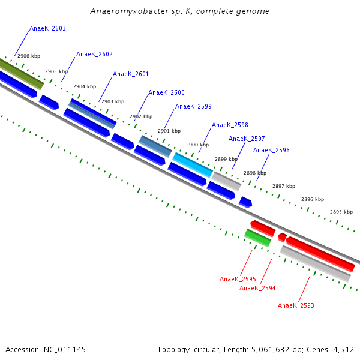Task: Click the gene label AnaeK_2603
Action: tap(47, 28)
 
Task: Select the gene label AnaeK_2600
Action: tap(166, 92)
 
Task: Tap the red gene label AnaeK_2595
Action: tap(238, 279)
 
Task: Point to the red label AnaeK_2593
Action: tap(296, 305)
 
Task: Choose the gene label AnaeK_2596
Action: tap(271, 150)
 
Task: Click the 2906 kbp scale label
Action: tap(29, 56)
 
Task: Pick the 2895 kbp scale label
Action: tap(341, 212)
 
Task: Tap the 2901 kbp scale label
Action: tap(169, 131)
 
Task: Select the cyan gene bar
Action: tap(193, 164)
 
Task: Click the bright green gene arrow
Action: tap(257, 238)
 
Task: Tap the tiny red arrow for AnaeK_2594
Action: tap(282, 238)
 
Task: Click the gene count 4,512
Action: tap(344, 349)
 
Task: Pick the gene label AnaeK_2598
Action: tap(230, 125)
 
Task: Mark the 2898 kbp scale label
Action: tap(254, 173)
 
